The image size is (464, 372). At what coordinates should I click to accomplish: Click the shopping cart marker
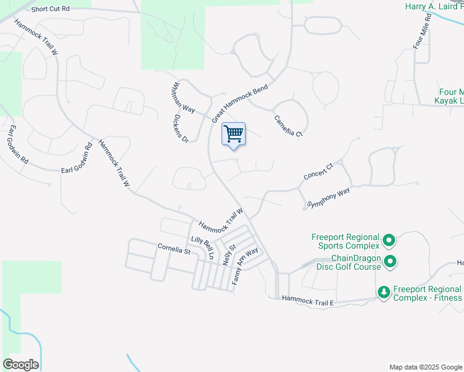(233, 134)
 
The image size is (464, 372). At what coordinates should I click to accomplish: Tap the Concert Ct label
(319, 172)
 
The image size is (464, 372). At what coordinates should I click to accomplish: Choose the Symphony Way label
(329, 198)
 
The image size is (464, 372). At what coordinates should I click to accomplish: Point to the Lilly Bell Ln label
(202, 247)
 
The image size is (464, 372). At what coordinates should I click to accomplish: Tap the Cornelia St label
(174, 251)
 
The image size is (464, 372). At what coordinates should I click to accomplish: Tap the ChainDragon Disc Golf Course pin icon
(390, 262)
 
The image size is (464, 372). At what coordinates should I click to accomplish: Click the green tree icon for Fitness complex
(384, 292)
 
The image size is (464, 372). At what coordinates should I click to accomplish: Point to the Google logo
(20, 365)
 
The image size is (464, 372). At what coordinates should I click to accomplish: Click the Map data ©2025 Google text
(425, 367)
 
